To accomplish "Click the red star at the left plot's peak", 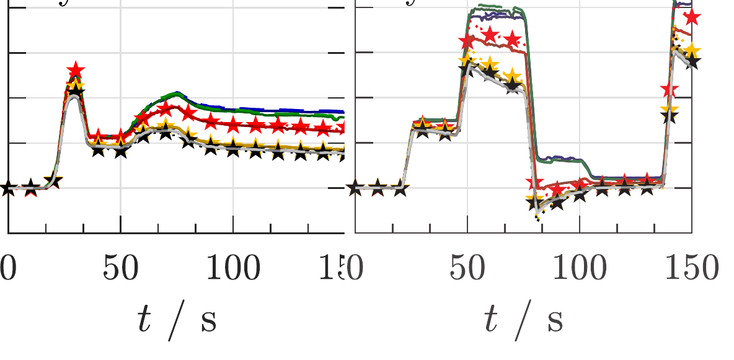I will click(x=76, y=70).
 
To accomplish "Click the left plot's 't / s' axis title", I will click(x=177, y=322).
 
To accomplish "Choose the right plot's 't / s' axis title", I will click(x=523, y=322).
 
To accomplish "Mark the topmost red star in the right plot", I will click(x=692, y=17).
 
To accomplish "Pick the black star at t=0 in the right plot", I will click(x=355, y=187).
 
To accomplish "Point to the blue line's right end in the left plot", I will click(x=342, y=111).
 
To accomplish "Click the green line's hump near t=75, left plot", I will click(x=176, y=94).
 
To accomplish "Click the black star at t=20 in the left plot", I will click(x=53, y=182).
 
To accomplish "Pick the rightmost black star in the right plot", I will click(x=691, y=61).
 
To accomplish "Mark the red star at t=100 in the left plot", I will click(x=233, y=125).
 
